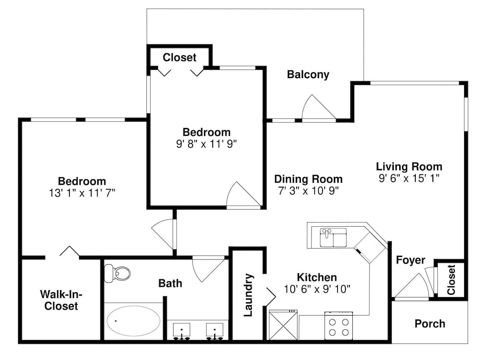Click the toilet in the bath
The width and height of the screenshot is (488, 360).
[x=117, y=274]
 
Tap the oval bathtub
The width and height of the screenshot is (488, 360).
[x=134, y=321]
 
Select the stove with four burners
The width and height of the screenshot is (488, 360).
[x=339, y=326]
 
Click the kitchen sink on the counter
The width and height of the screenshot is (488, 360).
[x=333, y=237]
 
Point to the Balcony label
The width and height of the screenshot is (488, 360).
[x=308, y=75]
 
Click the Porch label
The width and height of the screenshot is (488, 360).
[x=430, y=324]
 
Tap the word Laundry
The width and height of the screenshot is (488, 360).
[x=248, y=295]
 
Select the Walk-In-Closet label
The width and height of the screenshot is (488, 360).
[x=61, y=300]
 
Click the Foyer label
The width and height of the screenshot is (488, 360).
[x=410, y=260]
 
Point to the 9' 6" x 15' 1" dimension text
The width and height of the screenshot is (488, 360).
[x=409, y=178]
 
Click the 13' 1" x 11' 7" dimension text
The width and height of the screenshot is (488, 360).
[x=82, y=193]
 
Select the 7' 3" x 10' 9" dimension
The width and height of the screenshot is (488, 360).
[x=308, y=191]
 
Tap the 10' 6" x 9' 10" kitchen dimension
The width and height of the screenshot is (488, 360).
[x=317, y=289]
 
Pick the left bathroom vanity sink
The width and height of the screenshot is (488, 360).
[x=182, y=331]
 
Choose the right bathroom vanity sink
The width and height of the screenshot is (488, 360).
[x=214, y=331]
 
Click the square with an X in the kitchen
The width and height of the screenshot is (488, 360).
[x=283, y=325]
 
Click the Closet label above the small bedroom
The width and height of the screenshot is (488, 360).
[x=180, y=57]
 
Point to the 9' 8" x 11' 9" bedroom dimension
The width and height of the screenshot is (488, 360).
[x=206, y=144]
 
